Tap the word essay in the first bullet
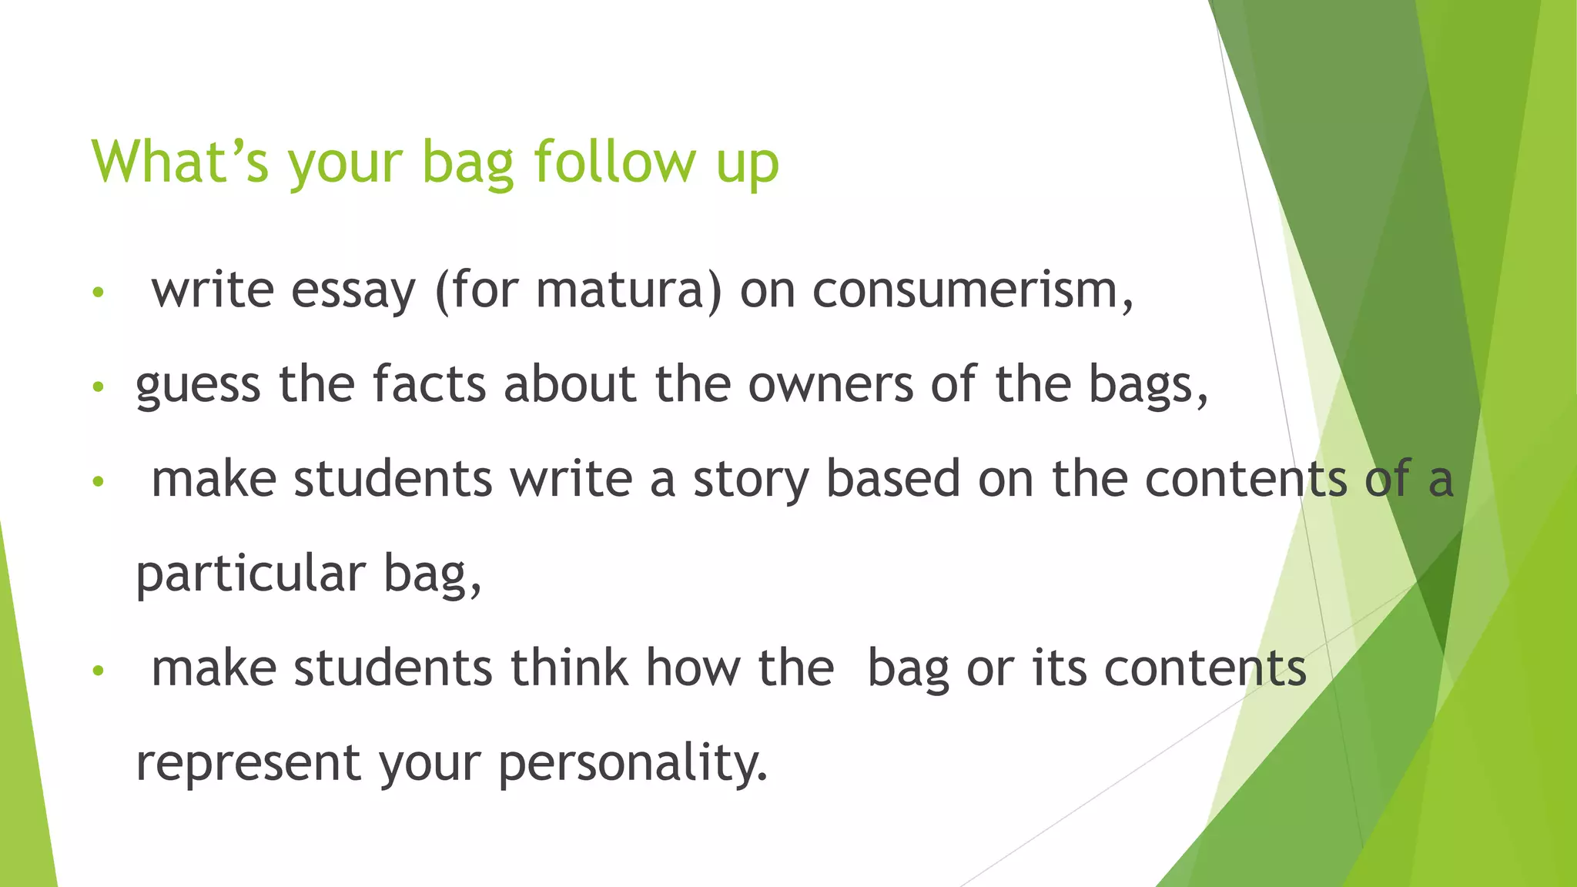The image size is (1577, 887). point(353,291)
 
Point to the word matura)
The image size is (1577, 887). point(628,291)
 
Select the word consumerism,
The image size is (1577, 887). point(973,291)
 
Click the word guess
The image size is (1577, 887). point(198,385)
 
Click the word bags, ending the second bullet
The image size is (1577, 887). point(1147,385)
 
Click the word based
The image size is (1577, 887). point(892,478)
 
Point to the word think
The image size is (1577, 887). point(569,667)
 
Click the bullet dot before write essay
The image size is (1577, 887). point(97,293)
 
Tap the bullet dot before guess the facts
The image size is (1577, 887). point(97,387)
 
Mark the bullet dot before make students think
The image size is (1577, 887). point(97,671)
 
